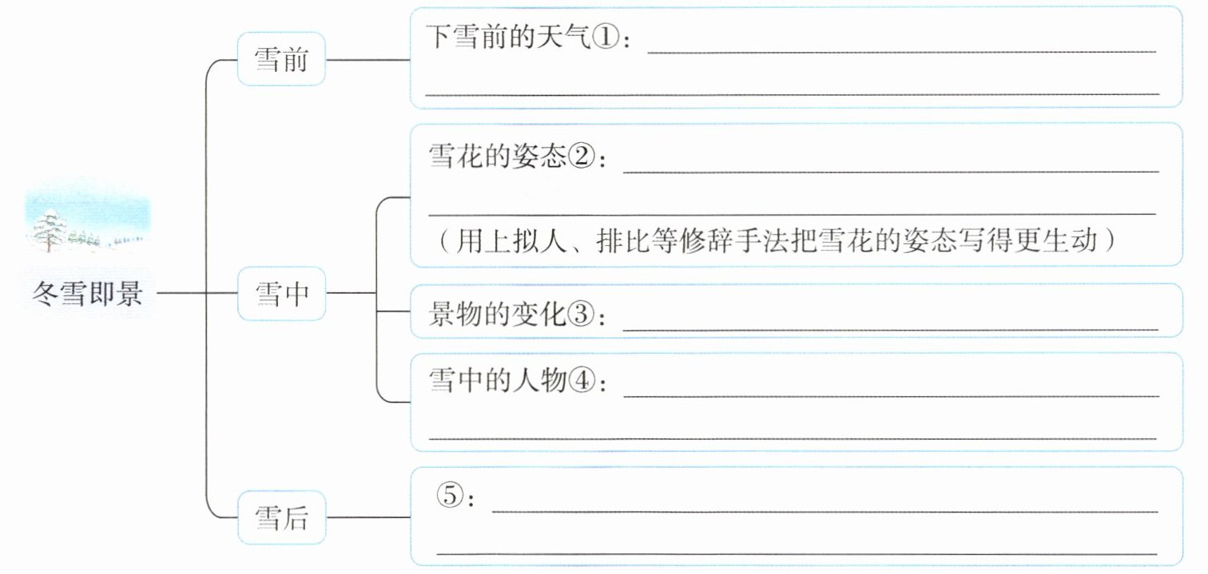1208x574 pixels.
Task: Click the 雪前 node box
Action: pyautogui.click(x=281, y=60)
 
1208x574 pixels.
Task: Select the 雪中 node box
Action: pyautogui.click(x=281, y=294)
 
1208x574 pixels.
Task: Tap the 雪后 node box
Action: pyautogui.click(x=281, y=518)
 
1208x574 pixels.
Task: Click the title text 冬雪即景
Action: pyautogui.click(x=88, y=294)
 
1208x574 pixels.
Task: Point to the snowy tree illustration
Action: pyautogui.click(x=51, y=228)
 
